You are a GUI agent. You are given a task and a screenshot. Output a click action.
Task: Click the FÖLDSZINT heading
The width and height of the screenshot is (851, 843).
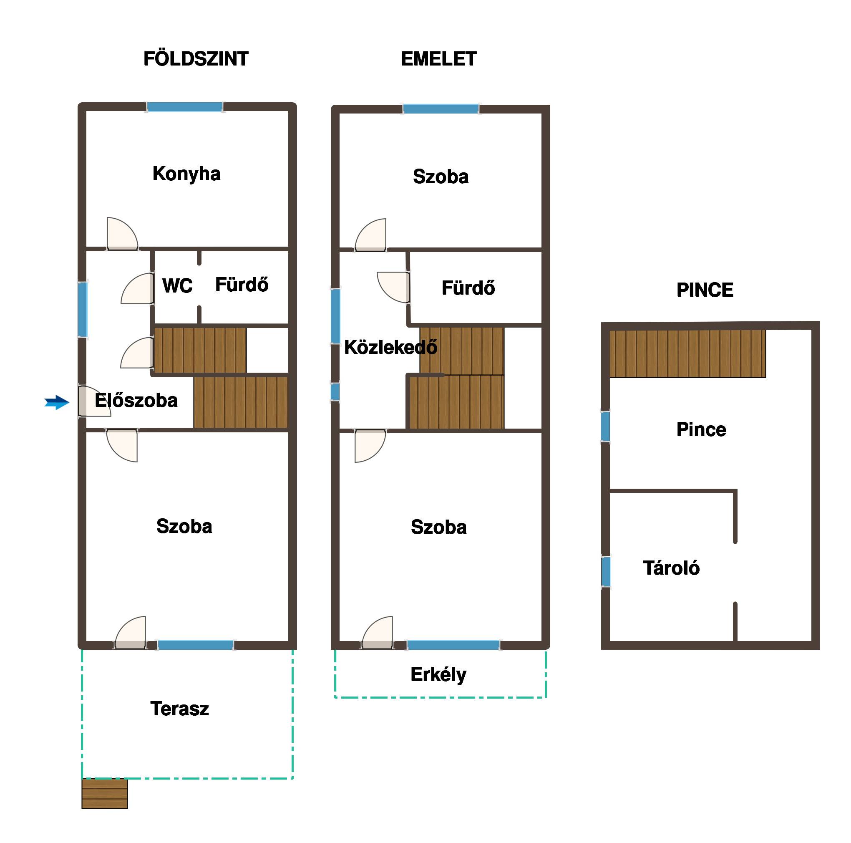pyautogui.click(x=196, y=59)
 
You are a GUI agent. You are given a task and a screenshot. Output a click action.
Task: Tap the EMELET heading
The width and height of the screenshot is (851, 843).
pyautogui.click(x=439, y=59)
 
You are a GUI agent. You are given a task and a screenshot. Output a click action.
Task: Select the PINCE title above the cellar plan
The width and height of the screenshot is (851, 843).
pyautogui.click(x=705, y=290)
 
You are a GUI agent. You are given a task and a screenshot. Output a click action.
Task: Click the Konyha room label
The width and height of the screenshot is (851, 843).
pyautogui.click(x=186, y=174)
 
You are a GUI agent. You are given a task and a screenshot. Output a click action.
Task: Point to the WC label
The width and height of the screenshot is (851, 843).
pyautogui.click(x=178, y=286)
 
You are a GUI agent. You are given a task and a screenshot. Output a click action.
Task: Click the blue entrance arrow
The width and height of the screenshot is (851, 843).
pyautogui.click(x=57, y=402)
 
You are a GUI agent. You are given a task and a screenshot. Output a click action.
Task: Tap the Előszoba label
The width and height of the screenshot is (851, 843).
pyautogui.click(x=136, y=400)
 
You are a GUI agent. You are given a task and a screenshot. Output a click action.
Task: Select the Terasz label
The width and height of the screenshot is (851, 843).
pyautogui.click(x=180, y=709)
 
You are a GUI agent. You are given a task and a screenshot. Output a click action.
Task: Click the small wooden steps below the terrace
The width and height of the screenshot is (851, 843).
pyautogui.click(x=105, y=794)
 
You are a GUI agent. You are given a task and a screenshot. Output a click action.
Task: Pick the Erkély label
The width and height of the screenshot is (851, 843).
pyautogui.click(x=439, y=675)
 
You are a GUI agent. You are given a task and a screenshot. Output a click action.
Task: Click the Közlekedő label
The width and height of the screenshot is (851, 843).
pyautogui.click(x=391, y=347)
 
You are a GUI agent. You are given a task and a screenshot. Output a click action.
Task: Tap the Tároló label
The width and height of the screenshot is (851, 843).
pyautogui.click(x=671, y=568)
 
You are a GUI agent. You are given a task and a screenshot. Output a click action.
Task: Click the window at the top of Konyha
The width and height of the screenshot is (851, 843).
pyautogui.click(x=184, y=107)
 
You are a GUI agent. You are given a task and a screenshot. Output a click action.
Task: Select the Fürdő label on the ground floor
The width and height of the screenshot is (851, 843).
pyautogui.click(x=242, y=285)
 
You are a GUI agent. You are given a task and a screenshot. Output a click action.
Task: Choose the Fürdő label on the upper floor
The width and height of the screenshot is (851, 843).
pyautogui.click(x=468, y=288)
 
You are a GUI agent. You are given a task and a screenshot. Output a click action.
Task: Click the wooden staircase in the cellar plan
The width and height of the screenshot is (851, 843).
pyautogui.click(x=687, y=354)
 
